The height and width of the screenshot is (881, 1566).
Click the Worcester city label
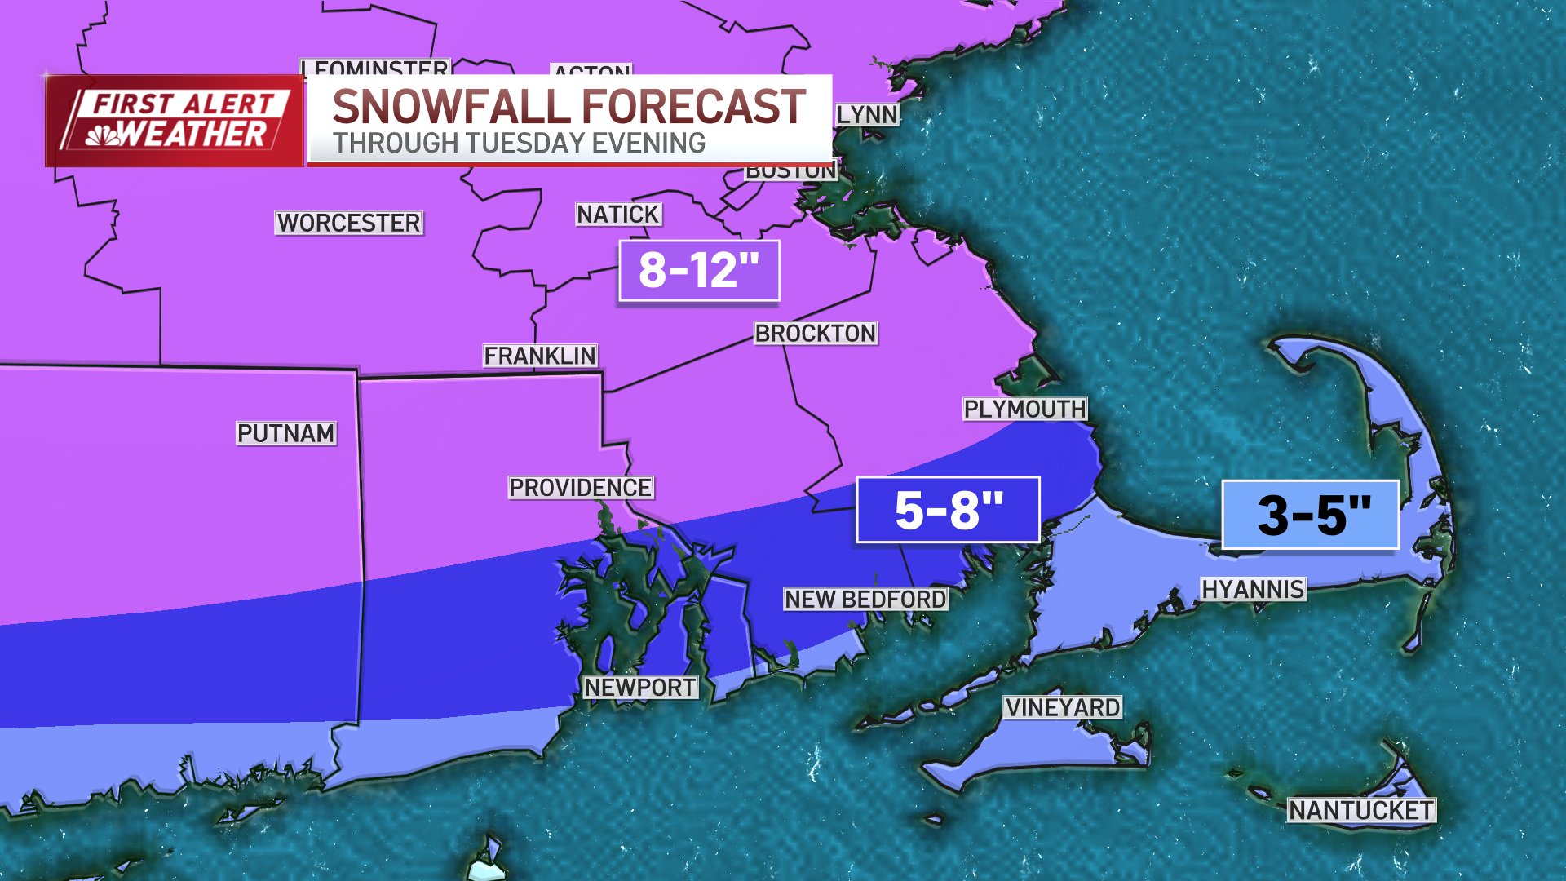(x=348, y=223)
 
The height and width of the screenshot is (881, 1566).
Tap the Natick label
(x=618, y=215)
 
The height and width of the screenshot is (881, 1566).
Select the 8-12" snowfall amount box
(x=699, y=271)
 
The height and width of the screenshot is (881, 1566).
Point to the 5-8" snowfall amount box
(x=948, y=511)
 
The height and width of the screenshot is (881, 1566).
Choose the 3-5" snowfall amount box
(x=1311, y=515)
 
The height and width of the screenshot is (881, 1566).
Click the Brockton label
(x=815, y=333)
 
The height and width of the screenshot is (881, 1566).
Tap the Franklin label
(x=540, y=356)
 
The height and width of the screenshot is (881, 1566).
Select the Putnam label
(x=285, y=433)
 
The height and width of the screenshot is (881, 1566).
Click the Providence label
(x=580, y=488)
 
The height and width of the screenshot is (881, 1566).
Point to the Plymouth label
(x=1024, y=409)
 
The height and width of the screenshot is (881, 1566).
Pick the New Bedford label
(x=865, y=600)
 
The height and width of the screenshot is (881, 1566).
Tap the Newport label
(x=640, y=688)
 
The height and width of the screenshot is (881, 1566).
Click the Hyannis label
(x=1253, y=589)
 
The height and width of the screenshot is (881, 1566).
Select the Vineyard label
(x=1062, y=707)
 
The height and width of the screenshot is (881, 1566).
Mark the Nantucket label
(x=1360, y=810)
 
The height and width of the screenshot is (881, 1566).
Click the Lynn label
(x=867, y=115)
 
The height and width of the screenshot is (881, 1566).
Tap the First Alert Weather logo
(x=175, y=121)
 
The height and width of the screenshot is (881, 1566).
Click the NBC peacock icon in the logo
(x=103, y=136)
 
